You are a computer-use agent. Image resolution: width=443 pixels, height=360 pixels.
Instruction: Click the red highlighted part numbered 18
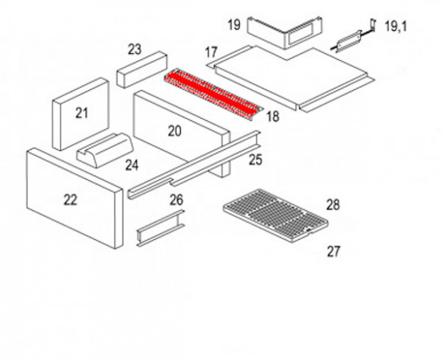(213, 94)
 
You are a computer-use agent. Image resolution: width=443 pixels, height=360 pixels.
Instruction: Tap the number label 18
(272, 117)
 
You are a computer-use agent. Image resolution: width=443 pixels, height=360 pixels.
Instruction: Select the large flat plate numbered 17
(291, 77)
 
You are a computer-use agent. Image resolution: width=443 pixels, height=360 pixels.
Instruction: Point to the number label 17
(211, 52)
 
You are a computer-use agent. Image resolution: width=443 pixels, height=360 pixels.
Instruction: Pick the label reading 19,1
(396, 27)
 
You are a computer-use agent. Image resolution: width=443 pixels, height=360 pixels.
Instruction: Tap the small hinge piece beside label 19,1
(353, 37)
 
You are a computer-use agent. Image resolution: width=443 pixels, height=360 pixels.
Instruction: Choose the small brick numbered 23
(142, 69)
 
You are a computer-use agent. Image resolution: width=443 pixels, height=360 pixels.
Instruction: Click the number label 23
(134, 49)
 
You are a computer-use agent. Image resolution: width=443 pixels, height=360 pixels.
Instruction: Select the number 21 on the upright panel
(82, 113)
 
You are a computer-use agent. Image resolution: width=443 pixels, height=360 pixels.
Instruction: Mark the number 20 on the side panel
(174, 131)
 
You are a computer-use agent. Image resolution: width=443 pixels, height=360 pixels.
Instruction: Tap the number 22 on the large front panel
(70, 200)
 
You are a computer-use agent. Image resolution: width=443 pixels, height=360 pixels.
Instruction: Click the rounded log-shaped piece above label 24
(105, 150)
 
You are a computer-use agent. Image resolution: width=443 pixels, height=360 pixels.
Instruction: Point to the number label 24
(132, 165)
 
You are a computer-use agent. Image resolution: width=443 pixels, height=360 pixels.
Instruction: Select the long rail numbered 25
(194, 165)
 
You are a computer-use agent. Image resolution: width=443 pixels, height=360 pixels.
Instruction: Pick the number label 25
(255, 160)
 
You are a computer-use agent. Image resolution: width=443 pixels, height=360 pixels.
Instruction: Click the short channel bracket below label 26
(160, 228)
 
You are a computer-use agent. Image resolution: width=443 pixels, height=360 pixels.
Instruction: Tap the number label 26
(176, 200)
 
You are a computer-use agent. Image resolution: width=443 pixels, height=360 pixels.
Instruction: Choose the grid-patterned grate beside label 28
(275, 215)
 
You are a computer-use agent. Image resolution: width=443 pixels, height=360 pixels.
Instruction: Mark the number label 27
(334, 252)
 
